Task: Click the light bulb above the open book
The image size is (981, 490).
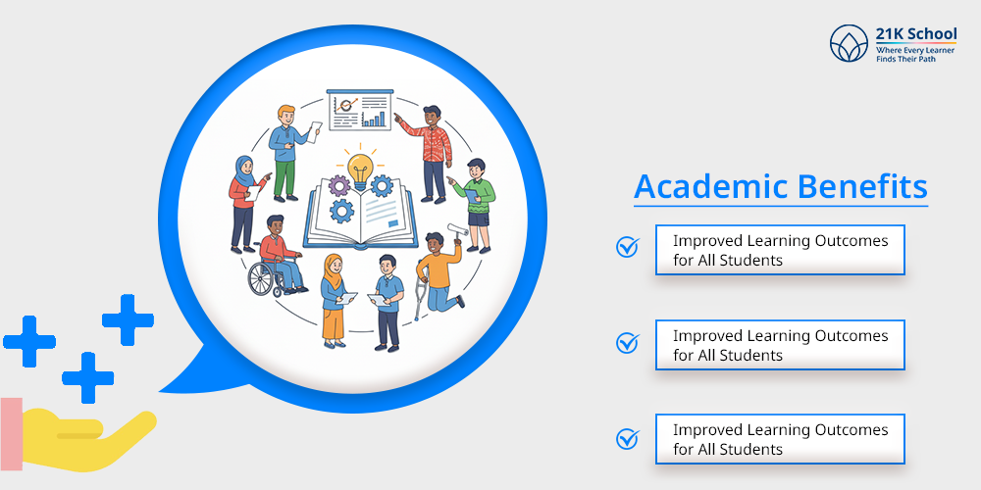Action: tap(359, 166)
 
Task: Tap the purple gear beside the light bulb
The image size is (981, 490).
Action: tap(339, 186)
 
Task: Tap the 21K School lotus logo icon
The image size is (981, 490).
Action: tap(849, 44)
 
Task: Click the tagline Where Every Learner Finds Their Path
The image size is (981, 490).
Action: tap(914, 55)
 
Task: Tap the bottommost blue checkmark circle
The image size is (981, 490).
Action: tap(627, 438)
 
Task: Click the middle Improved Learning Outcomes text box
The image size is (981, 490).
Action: tap(780, 345)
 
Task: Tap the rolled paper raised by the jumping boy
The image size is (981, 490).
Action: tap(458, 230)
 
